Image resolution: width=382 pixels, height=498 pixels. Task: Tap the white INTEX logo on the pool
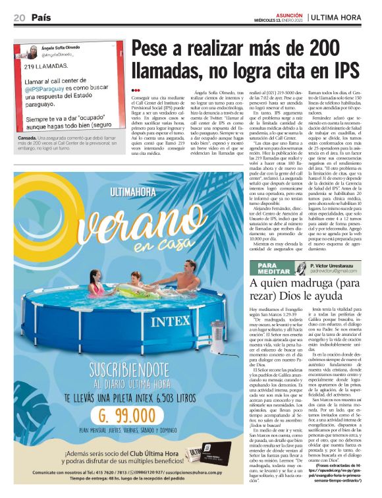172,323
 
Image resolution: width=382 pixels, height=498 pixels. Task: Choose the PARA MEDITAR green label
265,267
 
